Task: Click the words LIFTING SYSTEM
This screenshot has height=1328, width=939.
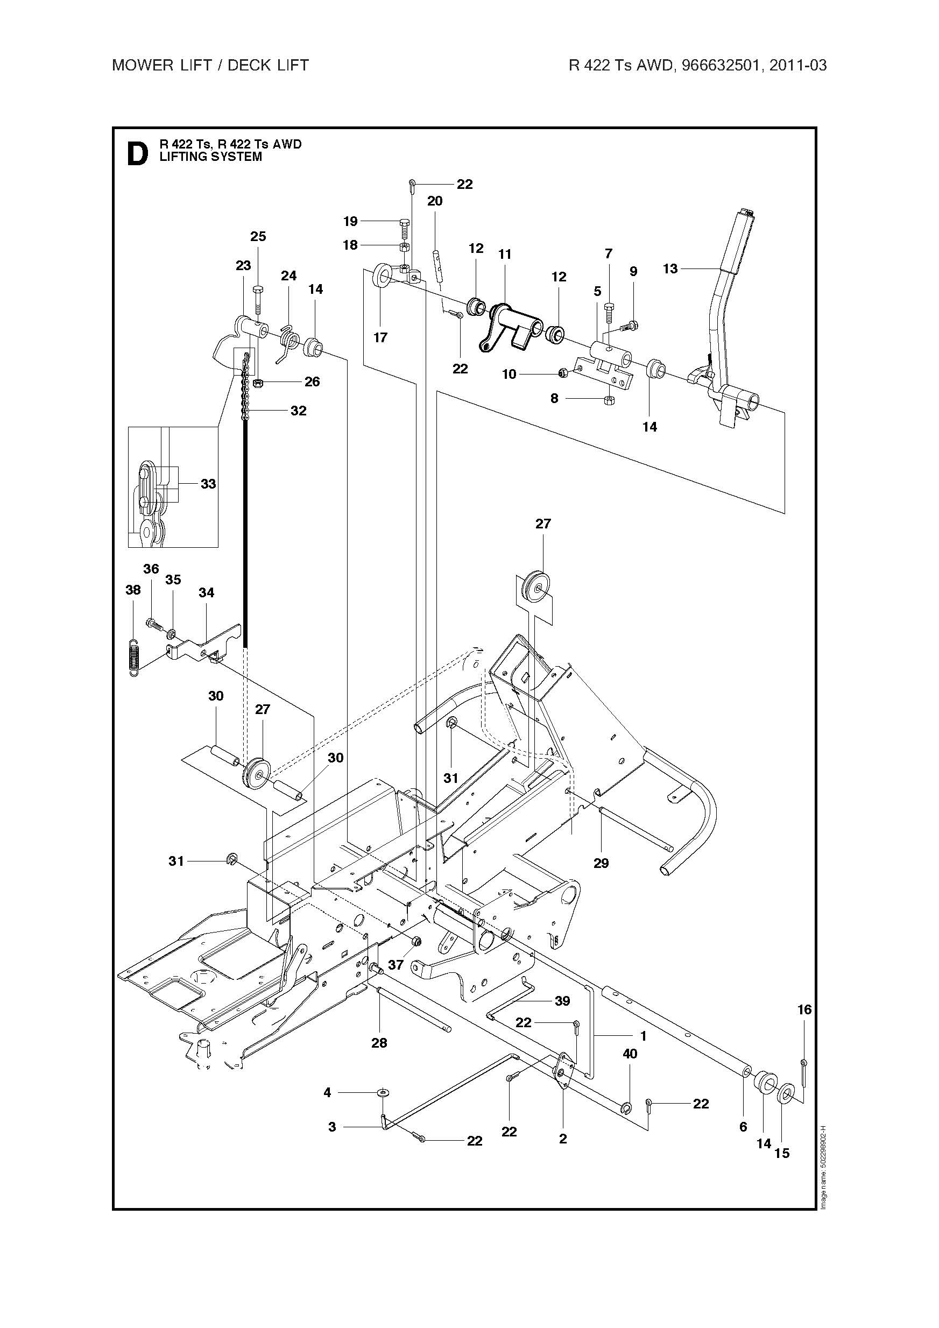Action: pyautogui.click(x=210, y=157)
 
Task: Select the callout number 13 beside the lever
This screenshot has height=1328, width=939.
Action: pyautogui.click(x=670, y=269)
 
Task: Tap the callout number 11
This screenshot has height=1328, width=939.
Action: pyautogui.click(x=505, y=254)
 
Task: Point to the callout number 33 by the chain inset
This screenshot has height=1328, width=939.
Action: pyautogui.click(x=208, y=484)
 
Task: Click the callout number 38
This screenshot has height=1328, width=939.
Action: pyautogui.click(x=133, y=589)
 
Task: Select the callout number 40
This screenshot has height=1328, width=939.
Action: pyautogui.click(x=630, y=1054)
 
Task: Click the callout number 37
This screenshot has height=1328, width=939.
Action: pyautogui.click(x=396, y=964)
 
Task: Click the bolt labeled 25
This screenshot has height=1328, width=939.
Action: pyautogui.click(x=258, y=299)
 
